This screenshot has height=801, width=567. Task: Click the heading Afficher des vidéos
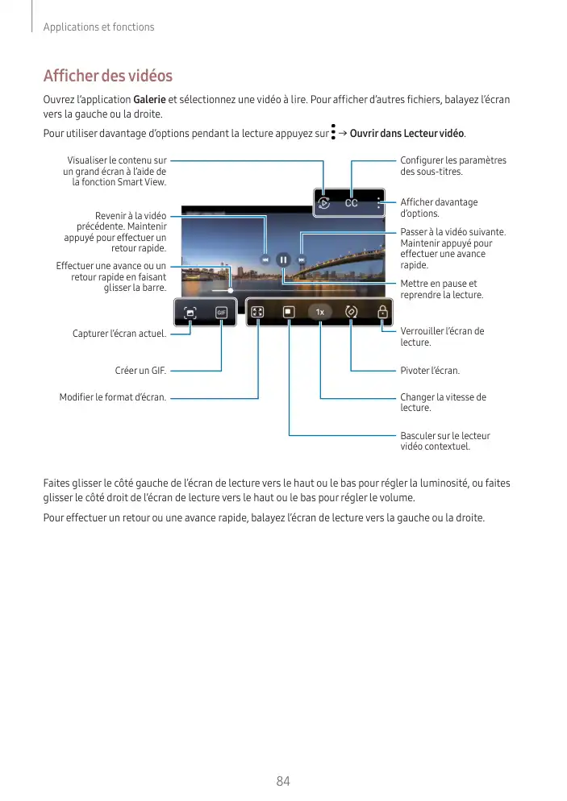click(107, 77)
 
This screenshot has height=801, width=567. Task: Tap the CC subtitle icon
click(352, 203)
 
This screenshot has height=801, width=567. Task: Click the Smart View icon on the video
click(324, 203)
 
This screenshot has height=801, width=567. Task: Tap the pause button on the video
click(283, 259)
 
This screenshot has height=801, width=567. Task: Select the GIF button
click(221, 313)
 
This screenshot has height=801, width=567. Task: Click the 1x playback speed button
click(320, 312)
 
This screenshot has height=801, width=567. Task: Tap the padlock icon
click(382, 312)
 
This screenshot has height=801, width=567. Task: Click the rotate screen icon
click(352, 312)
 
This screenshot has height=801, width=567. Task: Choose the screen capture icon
click(190, 313)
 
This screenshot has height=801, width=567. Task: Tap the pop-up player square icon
click(289, 312)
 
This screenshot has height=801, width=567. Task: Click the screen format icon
click(258, 312)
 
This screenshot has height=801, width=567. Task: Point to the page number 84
click(283, 781)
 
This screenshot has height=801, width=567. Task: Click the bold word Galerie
click(150, 99)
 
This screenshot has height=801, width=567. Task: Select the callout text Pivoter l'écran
click(430, 371)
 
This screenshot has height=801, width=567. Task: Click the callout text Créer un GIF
click(140, 371)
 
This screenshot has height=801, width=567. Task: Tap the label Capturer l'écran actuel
click(119, 334)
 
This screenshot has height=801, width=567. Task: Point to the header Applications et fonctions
click(98, 27)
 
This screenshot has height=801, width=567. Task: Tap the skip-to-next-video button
click(302, 259)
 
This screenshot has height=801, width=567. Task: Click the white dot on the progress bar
click(230, 289)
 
